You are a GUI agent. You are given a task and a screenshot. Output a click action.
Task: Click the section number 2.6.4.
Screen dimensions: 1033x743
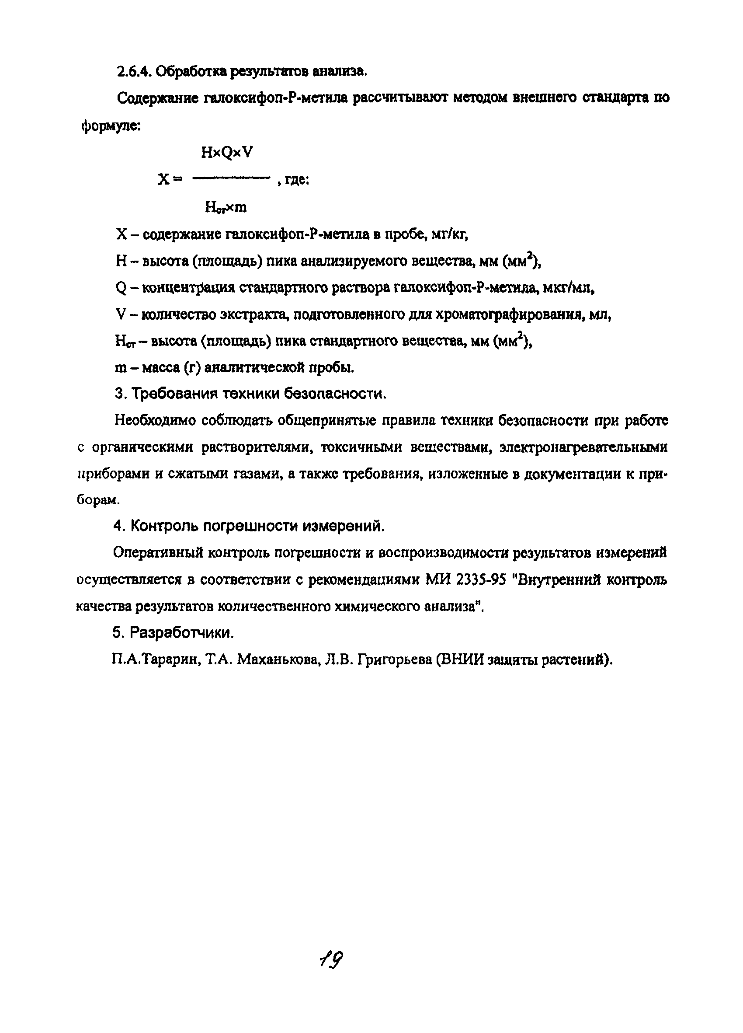coord(133,72)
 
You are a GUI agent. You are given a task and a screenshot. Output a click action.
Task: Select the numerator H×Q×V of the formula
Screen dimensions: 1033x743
coord(226,153)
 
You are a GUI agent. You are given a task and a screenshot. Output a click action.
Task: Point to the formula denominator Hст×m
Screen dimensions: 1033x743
coord(226,208)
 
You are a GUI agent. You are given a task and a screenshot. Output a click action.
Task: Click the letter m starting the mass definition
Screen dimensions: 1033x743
coord(121,368)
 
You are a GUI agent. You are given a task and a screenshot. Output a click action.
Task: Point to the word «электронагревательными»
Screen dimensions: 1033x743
coord(583,447)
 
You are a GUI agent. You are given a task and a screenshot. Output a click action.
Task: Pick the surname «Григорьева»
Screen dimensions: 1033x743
coord(393,659)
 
